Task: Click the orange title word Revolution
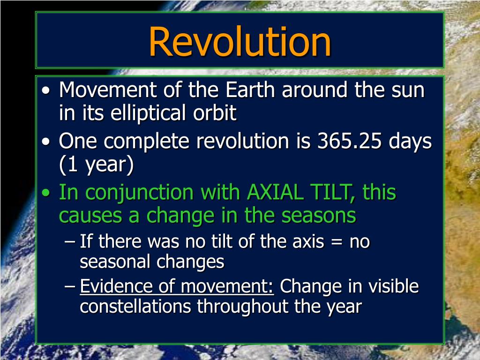pos(240,42)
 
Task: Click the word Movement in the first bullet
pos(108,90)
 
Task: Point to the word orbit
pos(215,112)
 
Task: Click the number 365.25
pos(349,141)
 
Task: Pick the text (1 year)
pos(97,165)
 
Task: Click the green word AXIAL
pos(275,192)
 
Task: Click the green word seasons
pos(318,216)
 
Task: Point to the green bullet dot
pos(46,193)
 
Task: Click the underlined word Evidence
pos(116,286)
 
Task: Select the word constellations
pos(135,307)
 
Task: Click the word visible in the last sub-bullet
pos(393,286)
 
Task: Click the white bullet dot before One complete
pos(46,142)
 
